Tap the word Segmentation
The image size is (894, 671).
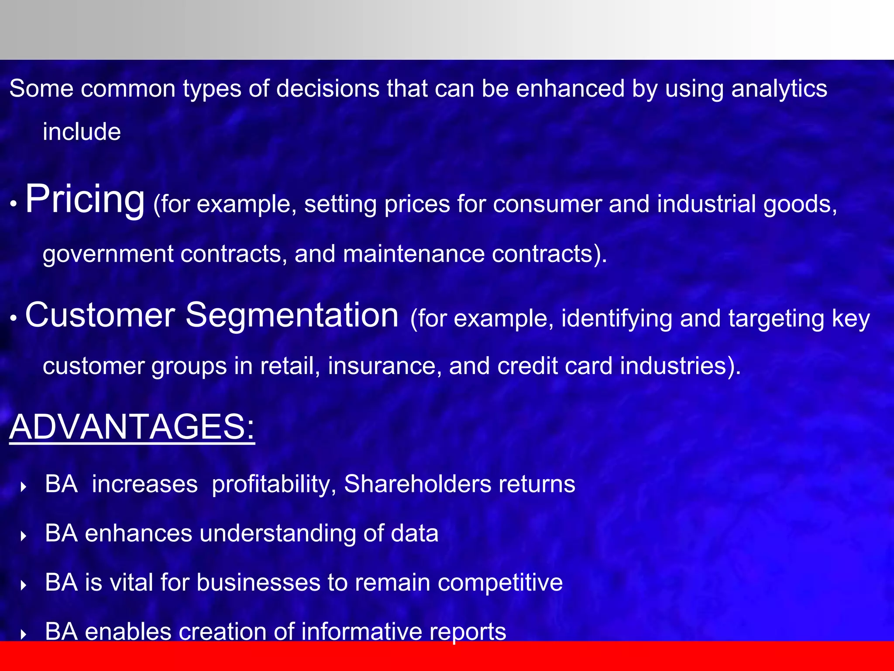tap(292, 315)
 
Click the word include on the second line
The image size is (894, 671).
tap(82, 132)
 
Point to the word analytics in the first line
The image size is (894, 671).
tap(779, 89)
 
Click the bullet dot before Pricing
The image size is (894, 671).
tap(14, 204)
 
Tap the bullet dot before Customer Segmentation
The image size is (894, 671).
tap(14, 318)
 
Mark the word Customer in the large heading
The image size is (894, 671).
tap(100, 315)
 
